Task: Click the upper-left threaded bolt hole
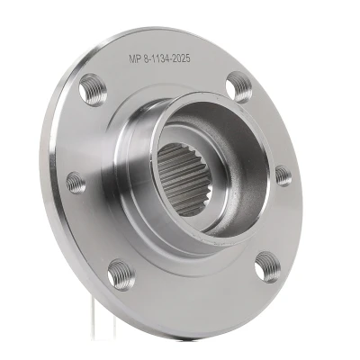click(x=93, y=90)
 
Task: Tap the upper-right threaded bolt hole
click(x=239, y=87)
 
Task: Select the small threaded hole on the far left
click(x=76, y=183)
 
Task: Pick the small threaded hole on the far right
click(x=283, y=175)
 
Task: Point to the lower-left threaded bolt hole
click(x=121, y=275)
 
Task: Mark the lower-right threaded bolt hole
click(x=268, y=267)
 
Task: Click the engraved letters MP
click(x=135, y=58)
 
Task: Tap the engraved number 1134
click(x=160, y=58)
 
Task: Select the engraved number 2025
click(x=181, y=58)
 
